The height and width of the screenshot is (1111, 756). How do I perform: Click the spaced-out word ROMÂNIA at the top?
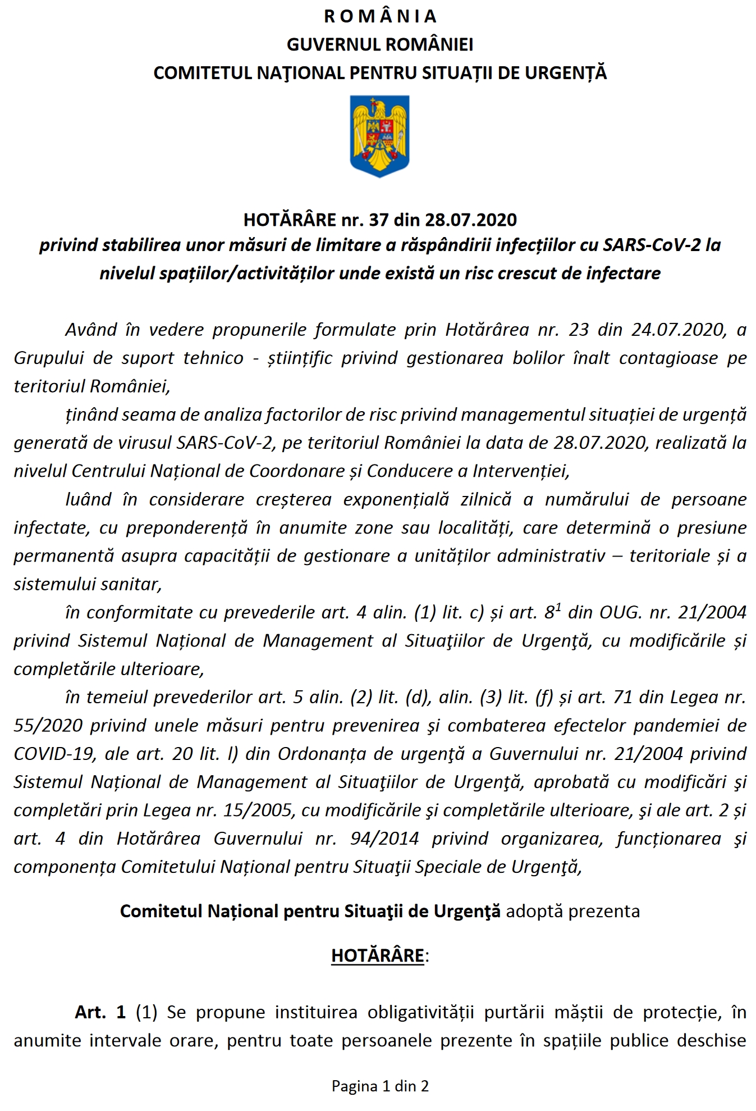point(380,16)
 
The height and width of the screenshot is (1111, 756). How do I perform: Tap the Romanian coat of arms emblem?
point(379,136)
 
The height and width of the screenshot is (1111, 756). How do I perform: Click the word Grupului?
point(47,358)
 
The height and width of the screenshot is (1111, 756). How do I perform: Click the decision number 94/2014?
point(384,839)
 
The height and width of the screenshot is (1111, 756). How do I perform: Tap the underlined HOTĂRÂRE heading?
point(378,955)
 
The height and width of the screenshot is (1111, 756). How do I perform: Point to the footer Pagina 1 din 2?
point(380,1086)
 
